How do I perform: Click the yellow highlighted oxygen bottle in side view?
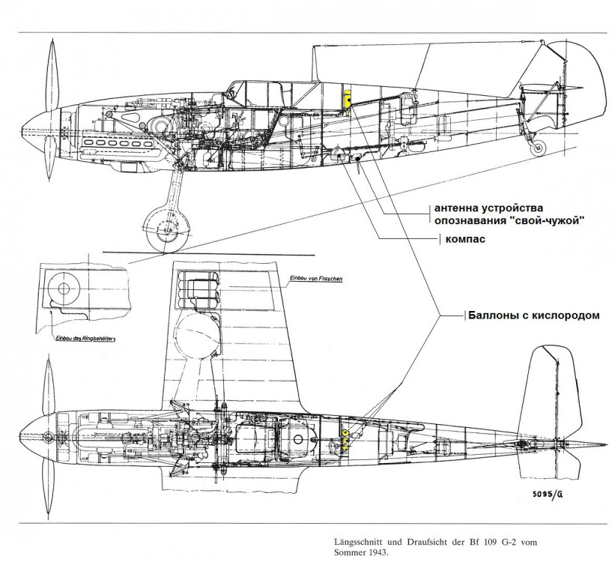pos(348,100)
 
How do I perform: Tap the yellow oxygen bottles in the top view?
pos(345,439)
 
